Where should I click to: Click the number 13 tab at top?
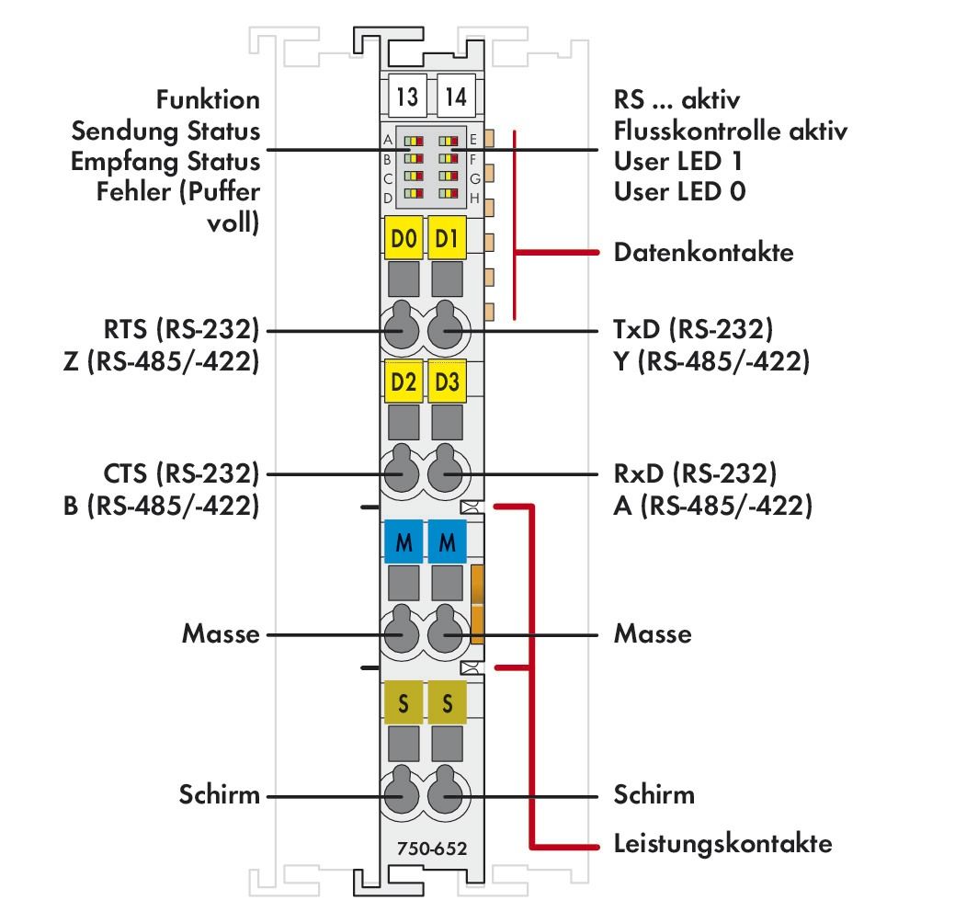405,95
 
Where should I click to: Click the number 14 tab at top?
453,95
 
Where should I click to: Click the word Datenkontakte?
703,252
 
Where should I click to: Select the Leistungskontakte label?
722,843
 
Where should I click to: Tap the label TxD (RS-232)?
693,329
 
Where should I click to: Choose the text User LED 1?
679,161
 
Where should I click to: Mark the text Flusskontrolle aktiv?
730,131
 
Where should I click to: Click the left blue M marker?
403,543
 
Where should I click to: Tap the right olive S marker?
447,704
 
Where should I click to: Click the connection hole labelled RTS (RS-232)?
401,329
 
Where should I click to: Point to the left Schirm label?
219,794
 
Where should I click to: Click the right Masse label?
653,633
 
